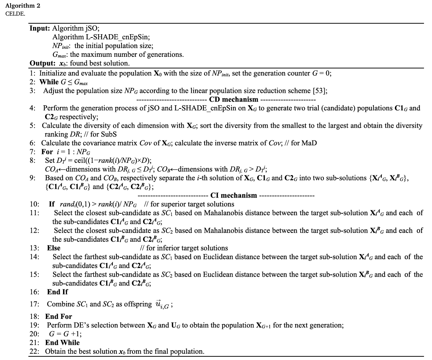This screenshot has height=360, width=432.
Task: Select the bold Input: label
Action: [x=40, y=28]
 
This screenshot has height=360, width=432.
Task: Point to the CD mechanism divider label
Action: [x=234, y=99]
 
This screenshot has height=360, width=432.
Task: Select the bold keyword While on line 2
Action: [x=49, y=82]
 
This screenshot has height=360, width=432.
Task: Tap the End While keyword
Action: [x=62, y=343]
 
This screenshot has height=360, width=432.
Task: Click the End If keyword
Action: [x=58, y=292]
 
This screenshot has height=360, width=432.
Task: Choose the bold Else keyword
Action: [x=54, y=248]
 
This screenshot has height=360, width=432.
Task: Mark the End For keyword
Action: [x=59, y=316]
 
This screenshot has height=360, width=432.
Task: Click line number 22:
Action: [x=35, y=351]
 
